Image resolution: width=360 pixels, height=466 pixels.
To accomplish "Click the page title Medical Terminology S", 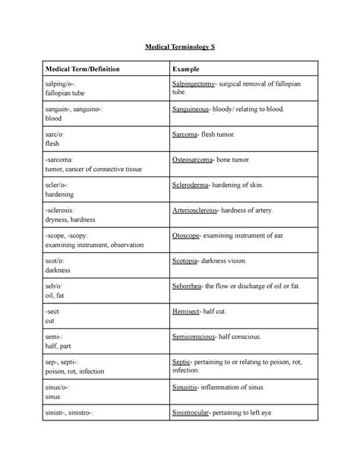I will point(180,47).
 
